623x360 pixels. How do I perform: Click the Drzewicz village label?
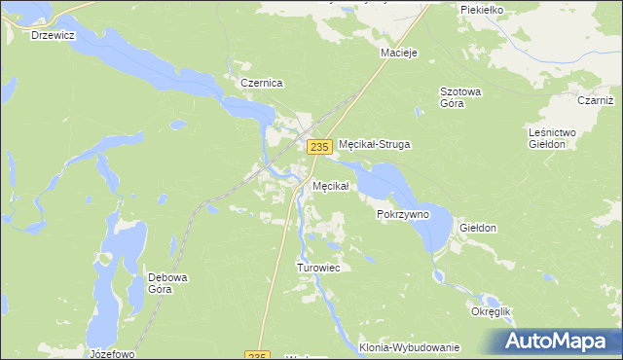(53, 35)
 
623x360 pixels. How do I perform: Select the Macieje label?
(399, 53)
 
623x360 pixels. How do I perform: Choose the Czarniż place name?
(596, 100)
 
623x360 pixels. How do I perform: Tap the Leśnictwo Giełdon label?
(552, 137)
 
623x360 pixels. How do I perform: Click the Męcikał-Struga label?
(376, 144)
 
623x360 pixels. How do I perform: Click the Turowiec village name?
(317, 268)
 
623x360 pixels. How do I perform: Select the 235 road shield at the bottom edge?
(256, 355)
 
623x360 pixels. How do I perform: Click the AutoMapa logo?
(559, 341)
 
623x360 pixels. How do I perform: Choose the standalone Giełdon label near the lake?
(478, 229)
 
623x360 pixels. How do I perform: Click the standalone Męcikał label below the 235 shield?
(330, 186)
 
